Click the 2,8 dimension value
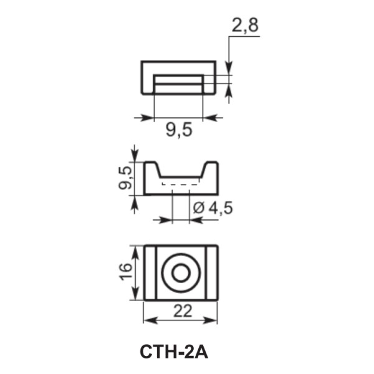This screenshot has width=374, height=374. tap(245, 26)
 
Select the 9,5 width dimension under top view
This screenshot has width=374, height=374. tap(178, 130)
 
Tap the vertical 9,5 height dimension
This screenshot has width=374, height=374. tap(125, 177)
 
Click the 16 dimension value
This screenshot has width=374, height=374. tap(125, 271)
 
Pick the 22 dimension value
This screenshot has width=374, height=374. tap(181, 310)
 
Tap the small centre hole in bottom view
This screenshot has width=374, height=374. tap(181, 272)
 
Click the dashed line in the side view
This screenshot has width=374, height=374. tap(181, 184)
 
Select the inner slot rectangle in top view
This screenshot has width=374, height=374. tap(178, 84)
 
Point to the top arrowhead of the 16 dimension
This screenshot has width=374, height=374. tap(135, 249)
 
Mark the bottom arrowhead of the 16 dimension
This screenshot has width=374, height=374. tap(135, 295)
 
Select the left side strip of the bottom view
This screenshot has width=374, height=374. tap(150, 272)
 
